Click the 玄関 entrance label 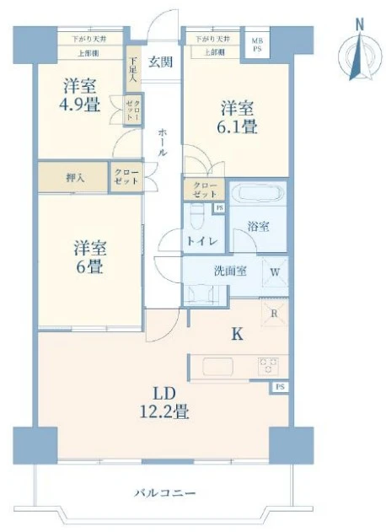click(x=161, y=62)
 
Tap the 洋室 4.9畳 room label click(x=80, y=95)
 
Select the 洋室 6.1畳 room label click(x=239, y=118)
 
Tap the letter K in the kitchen click(x=238, y=334)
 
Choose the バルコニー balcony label click(x=164, y=493)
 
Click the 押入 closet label click(x=74, y=178)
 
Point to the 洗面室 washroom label click(x=227, y=271)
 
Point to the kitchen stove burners click(x=269, y=364)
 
